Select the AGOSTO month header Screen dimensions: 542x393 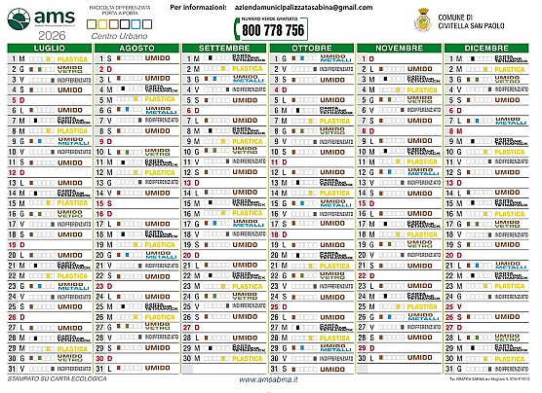click(135, 47)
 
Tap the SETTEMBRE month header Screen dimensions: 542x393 click(222, 47)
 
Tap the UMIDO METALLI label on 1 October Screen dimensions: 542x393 click(332, 58)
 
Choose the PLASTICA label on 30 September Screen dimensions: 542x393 click(245, 357)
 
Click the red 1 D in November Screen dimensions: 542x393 click(368, 58)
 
